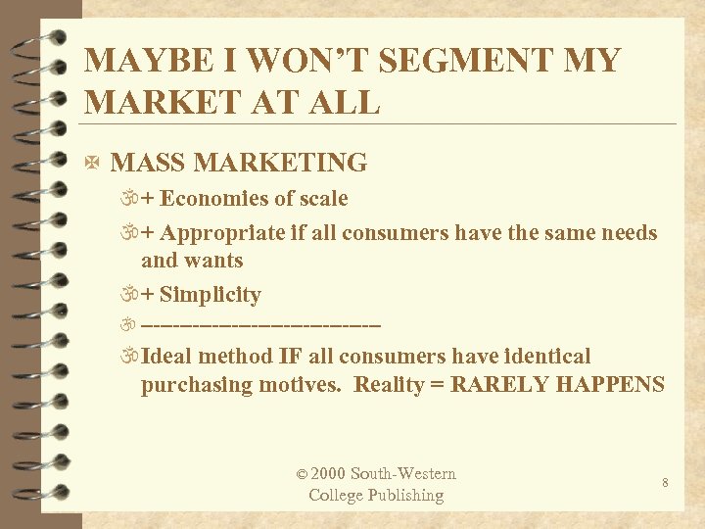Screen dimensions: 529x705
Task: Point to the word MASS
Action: [143, 163]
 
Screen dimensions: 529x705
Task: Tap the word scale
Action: [322, 199]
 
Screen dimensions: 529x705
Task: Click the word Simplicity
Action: [211, 295]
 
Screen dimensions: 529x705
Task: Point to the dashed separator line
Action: [260, 324]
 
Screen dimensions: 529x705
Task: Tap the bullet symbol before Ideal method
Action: [131, 357]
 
